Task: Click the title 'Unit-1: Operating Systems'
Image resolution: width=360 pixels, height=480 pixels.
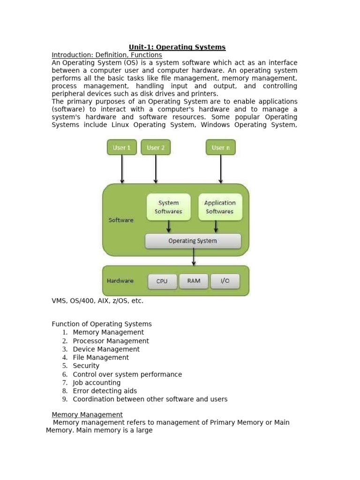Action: [x=177, y=47]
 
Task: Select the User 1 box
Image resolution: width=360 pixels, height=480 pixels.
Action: [x=122, y=147]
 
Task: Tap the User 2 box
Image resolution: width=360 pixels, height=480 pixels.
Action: [x=156, y=147]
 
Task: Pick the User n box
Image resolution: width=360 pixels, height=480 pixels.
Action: [x=221, y=147]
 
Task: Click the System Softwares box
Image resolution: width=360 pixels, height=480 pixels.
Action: [x=168, y=207]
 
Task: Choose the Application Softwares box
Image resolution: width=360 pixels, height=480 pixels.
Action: [x=220, y=207]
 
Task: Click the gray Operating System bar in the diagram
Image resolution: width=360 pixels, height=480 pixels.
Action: [x=193, y=241]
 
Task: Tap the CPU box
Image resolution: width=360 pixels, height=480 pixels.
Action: [x=162, y=281]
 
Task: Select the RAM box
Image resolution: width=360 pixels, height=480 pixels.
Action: [x=194, y=281]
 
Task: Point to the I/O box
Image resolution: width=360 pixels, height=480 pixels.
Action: [x=225, y=281]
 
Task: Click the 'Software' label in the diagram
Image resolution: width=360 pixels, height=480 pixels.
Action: [x=121, y=220]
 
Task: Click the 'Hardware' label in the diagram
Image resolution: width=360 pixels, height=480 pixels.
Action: [x=120, y=281]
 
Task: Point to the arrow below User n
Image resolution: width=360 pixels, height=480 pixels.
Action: [x=221, y=169]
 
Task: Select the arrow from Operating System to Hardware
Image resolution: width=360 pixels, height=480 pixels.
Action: [x=194, y=257]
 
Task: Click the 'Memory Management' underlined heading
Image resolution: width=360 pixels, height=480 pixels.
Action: [x=87, y=415]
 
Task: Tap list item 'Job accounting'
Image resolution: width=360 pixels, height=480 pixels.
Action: [x=97, y=382]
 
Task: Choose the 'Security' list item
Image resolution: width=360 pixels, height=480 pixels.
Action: [x=86, y=366]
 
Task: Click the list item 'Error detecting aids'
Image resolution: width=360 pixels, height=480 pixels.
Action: [x=105, y=391]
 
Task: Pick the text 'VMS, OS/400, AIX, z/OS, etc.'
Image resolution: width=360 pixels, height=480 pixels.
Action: [x=97, y=301]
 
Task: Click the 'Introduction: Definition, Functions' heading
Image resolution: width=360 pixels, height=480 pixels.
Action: [x=107, y=55]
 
